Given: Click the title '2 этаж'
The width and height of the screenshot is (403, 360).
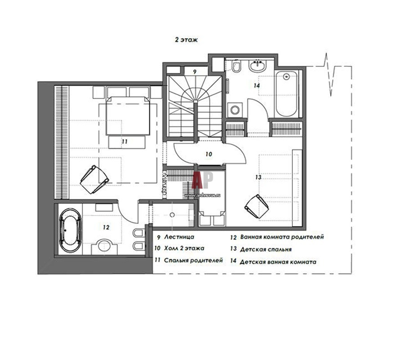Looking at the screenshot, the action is (186, 40).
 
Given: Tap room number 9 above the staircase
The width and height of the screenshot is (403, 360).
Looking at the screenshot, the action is (195, 72).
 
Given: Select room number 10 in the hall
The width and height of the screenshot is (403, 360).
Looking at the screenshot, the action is (209, 154).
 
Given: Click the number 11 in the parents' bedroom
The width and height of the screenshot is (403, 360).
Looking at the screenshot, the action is (125, 141).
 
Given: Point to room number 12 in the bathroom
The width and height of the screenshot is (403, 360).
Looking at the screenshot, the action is (106, 227).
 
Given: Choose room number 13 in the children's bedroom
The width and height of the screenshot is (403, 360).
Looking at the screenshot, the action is (258, 177).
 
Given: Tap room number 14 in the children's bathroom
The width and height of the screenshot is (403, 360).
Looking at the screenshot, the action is (256, 85).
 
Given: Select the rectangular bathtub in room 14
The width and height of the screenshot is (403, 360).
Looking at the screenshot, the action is (287, 94).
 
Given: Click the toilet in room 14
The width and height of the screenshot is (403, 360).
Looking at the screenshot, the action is (236, 67).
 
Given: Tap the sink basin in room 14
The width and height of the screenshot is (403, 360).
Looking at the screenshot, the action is (257, 67).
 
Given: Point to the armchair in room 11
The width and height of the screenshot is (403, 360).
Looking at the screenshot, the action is (94, 179).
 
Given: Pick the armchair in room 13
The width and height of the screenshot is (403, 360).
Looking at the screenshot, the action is (257, 206).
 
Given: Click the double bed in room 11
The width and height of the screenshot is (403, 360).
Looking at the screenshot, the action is (128, 116).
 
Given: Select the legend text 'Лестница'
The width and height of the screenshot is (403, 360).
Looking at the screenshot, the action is (179, 237).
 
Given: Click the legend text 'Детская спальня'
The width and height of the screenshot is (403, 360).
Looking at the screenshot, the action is (266, 249).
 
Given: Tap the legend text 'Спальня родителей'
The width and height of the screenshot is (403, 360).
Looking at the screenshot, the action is (193, 261).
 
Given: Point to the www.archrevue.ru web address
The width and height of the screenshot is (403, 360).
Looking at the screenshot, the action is (202, 195).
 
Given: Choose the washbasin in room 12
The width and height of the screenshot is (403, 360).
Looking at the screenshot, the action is (104, 246).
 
